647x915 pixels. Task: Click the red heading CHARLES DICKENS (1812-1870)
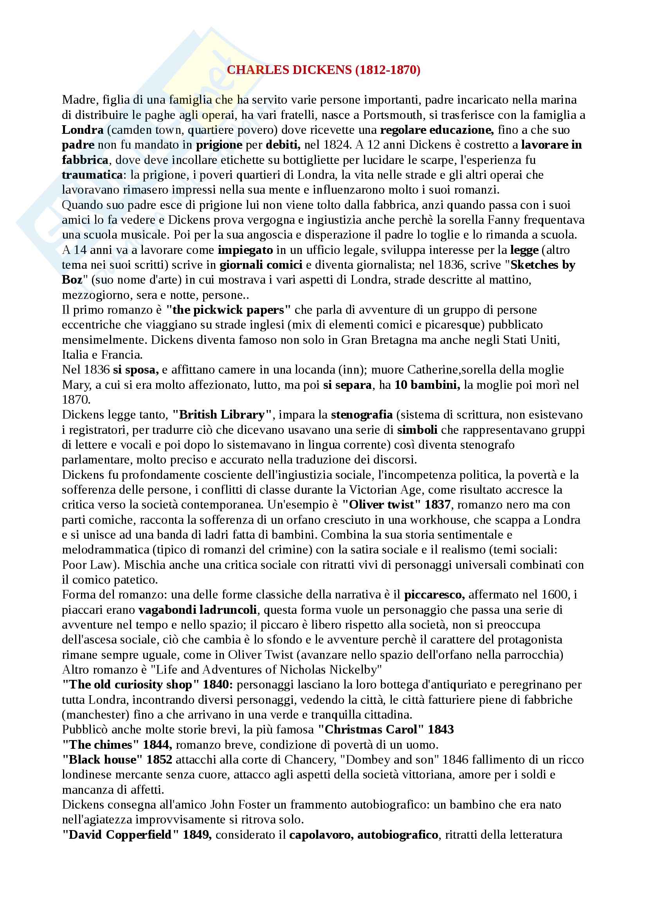pyautogui.click(x=323, y=70)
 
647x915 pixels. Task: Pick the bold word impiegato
pyautogui.click(x=245, y=250)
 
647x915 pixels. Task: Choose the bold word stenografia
pyautogui.click(x=362, y=414)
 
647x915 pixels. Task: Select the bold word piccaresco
pyautogui.click(x=434, y=595)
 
